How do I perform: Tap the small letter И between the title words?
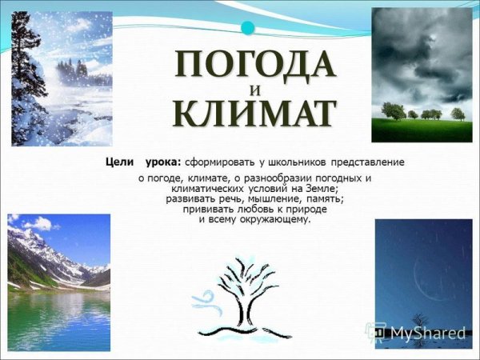pyautogui.click(x=254, y=88)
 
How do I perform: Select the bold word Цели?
pyautogui.click(x=119, y=162)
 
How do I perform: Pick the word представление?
pyautogui.click(x=372, y=162)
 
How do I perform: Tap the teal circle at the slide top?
pyautogui.click(x=248, y=28)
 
